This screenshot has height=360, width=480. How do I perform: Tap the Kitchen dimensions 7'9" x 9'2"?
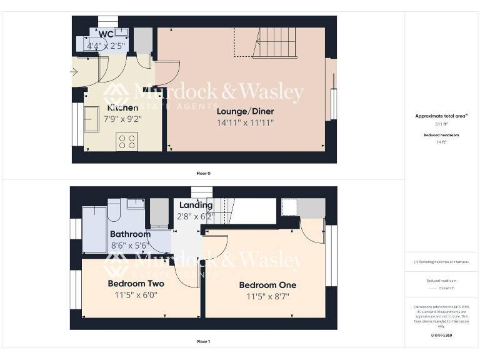coord(114,118)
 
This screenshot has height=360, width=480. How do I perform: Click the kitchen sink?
coord(92,119)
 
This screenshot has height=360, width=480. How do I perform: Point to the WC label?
coord(106,34)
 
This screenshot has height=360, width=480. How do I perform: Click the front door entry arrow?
coord(74,72)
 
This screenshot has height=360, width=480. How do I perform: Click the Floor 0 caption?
coord(203,173)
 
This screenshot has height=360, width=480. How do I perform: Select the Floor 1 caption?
coord(203,342)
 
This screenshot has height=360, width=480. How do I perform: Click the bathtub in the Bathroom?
coord(94,227)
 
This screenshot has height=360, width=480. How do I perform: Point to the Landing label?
coord(196,205)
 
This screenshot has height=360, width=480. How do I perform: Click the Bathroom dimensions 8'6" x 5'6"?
coord(130,246)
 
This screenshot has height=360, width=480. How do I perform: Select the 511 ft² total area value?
coord(441,124)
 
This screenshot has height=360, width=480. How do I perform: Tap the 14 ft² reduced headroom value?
coord(441,142)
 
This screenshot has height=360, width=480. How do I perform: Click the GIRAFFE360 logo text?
coord(441,336)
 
